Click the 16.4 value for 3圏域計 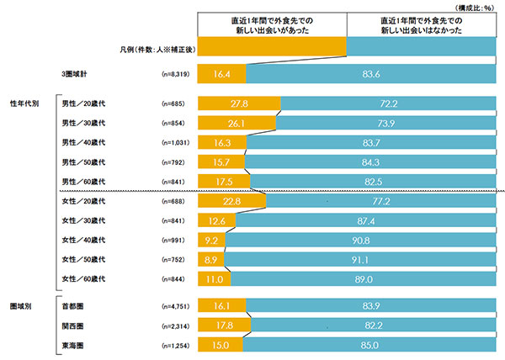tap(221, 74)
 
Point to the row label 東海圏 tap(73, 345)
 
